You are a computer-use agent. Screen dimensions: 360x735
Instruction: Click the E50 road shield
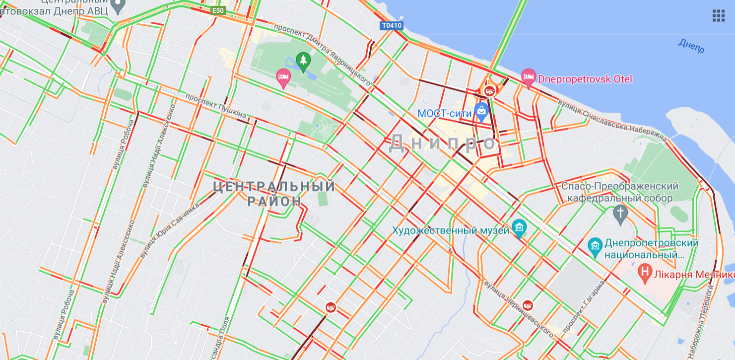[218, 10]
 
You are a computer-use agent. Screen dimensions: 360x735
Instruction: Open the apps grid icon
[718, 16]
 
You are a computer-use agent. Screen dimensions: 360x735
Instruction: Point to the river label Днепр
[691, 46]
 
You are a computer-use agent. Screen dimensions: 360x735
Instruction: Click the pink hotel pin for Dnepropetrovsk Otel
[528, 77]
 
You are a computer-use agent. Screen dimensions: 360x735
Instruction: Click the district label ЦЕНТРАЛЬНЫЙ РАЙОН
[274, 194]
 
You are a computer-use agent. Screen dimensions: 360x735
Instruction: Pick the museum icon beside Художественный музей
[519, 228]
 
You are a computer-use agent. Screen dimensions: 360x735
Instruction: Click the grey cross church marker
[620, 213]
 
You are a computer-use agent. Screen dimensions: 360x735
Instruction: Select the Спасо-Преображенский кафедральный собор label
[619, 192]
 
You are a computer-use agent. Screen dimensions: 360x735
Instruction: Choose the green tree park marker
[303, 61]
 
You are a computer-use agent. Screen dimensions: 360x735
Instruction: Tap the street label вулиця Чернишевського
[518, 308]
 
